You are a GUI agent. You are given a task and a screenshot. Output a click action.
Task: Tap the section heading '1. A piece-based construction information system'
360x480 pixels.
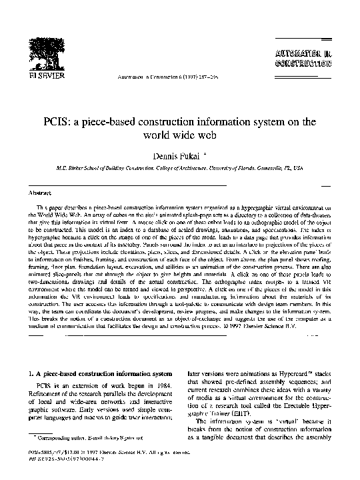pos(99,375)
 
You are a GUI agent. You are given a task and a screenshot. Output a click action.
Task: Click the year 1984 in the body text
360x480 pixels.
pos(161,387)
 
